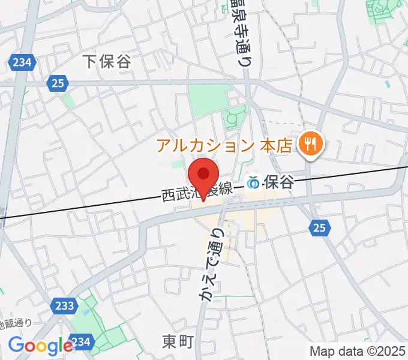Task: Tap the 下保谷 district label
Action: pos(107,61)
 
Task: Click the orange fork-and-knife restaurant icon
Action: pos(311,143)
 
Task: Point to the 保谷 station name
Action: pos(280,182)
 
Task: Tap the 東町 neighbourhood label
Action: pos(178,342)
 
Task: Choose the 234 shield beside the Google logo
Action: pos(82,341)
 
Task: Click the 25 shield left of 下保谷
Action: pos(58,85)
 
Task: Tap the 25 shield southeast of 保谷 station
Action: pos(319,227)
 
